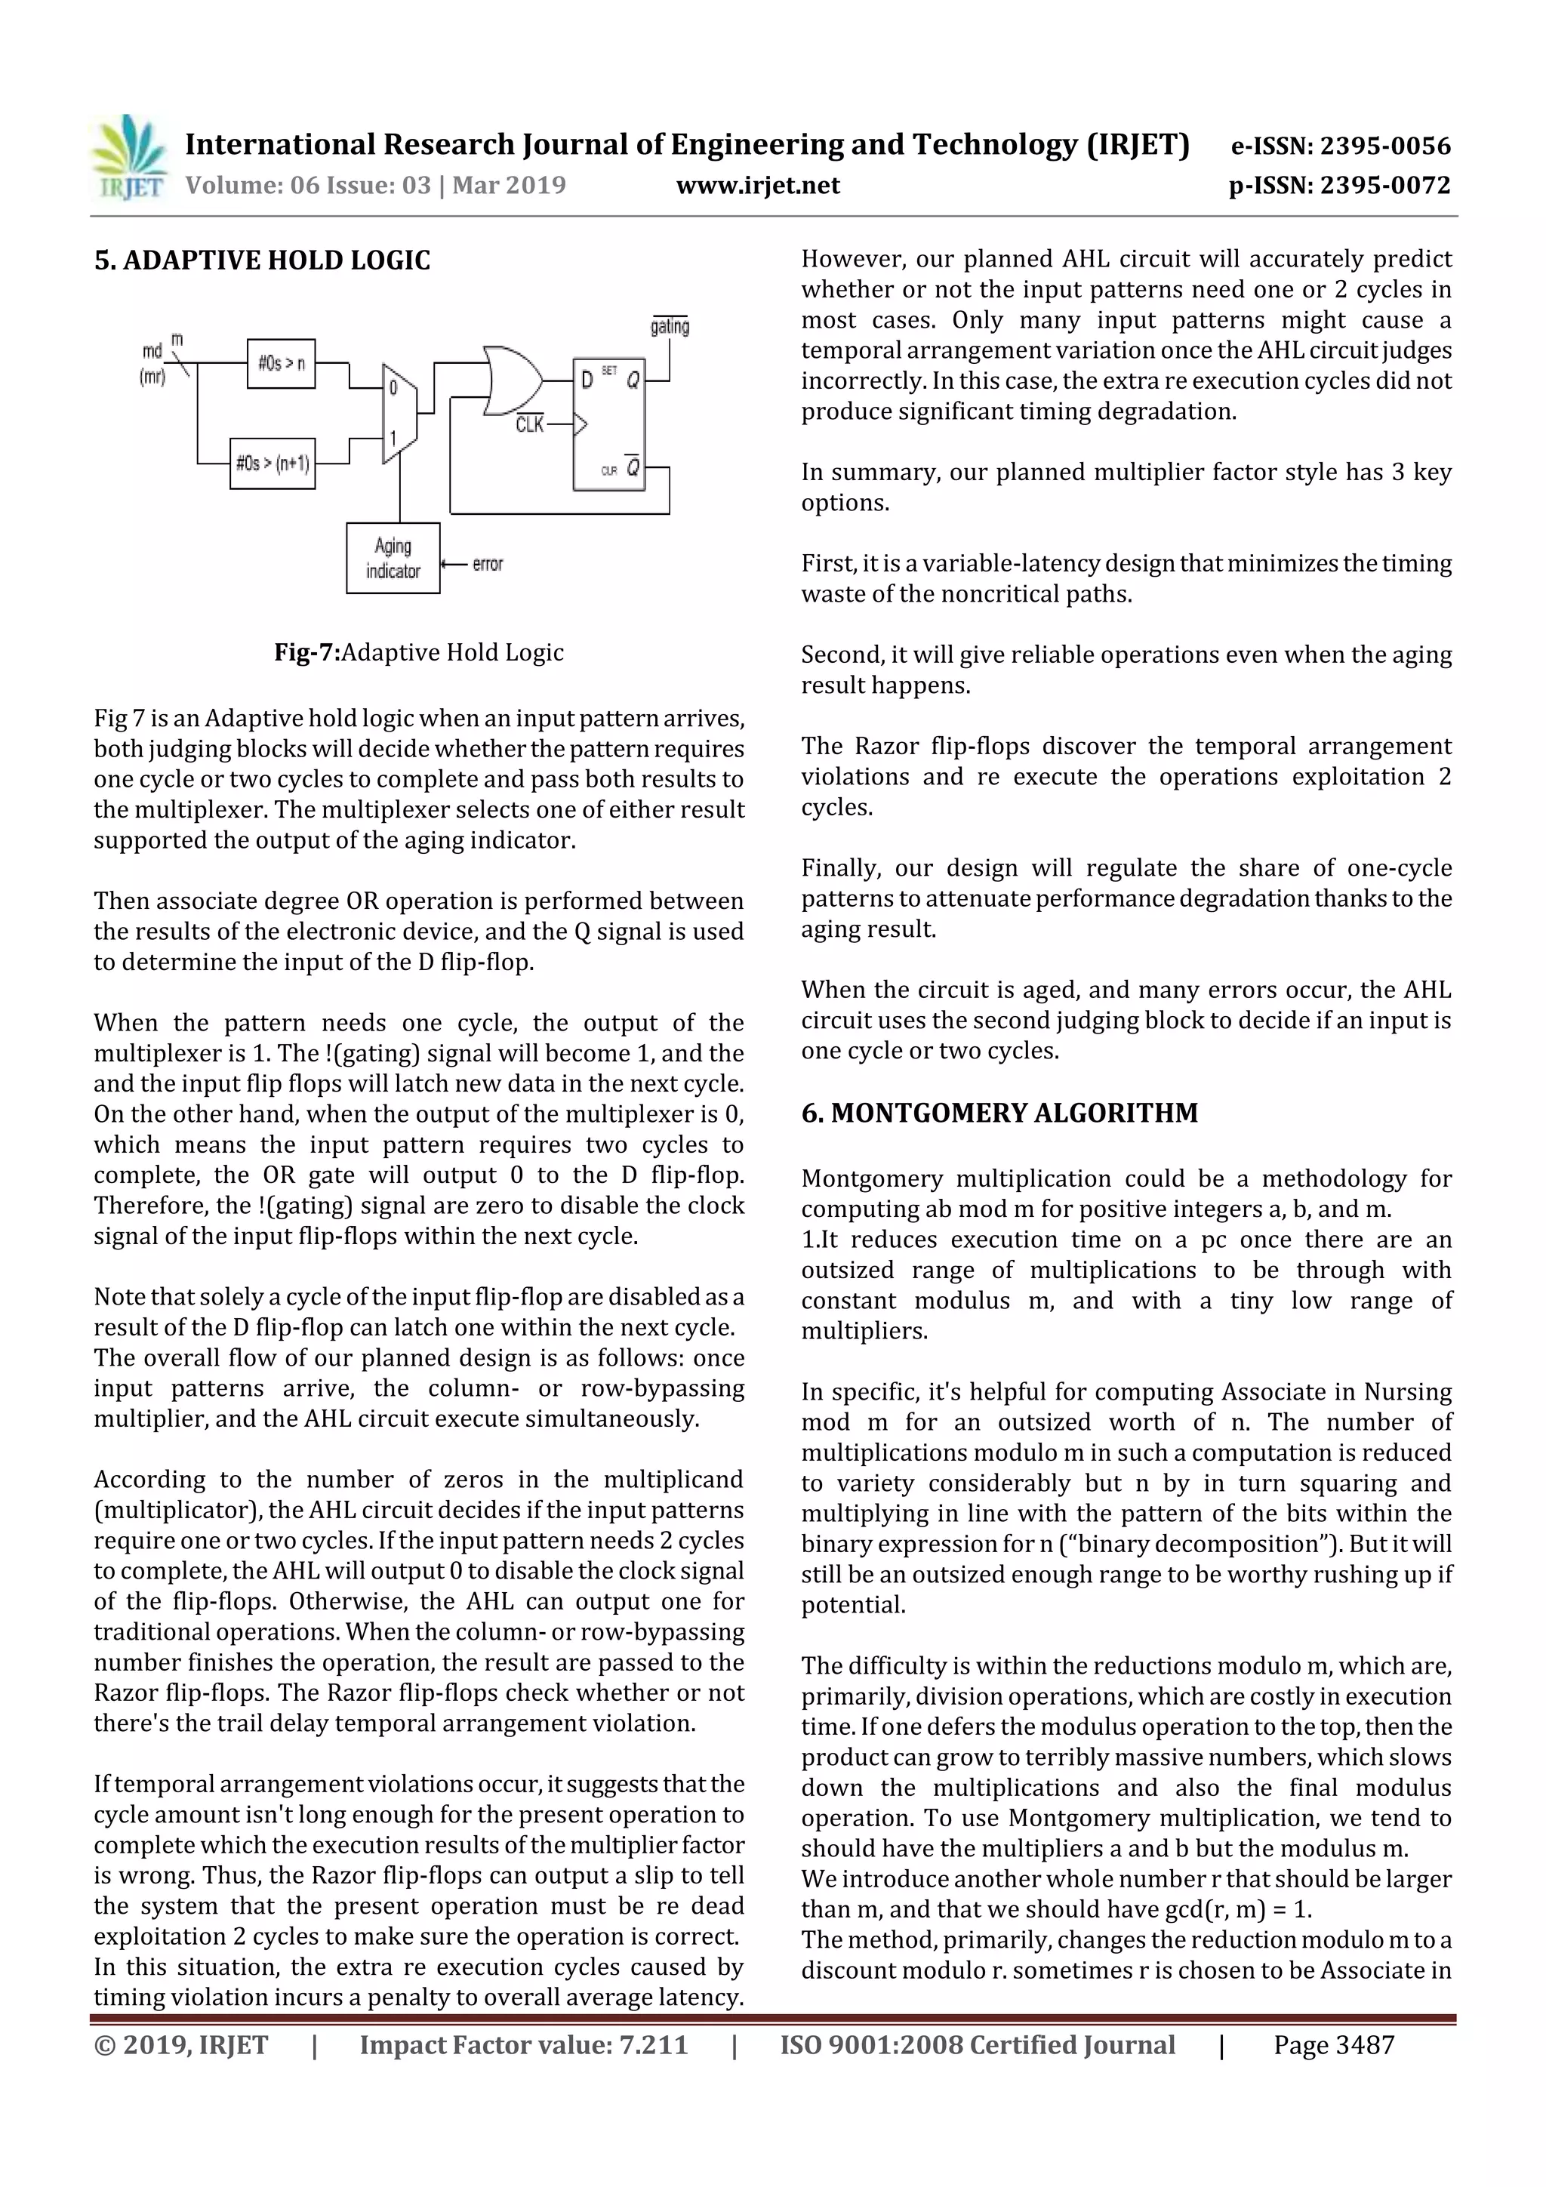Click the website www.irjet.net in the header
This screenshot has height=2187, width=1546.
point(757,185)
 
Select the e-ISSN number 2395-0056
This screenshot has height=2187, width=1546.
point(1385,146)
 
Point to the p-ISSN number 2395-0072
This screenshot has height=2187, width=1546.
point(1385,185)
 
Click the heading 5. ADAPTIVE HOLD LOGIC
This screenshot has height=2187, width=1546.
point(262,260)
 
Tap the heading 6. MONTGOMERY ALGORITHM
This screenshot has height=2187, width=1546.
point(999,1113)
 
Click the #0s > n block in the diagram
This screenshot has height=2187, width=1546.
point(281,363)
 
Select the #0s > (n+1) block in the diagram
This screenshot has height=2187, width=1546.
point(273,464)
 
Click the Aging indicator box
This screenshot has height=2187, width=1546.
point(393,558)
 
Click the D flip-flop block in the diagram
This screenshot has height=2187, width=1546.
point(608,424)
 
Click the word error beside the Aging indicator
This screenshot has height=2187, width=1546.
point(487,564)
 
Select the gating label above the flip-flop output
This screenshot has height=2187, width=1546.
point(670,327)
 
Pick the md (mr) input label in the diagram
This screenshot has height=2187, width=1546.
point(152,364)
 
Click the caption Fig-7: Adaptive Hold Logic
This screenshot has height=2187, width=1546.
point(418,652)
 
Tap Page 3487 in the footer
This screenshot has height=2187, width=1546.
point(1334,2045)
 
